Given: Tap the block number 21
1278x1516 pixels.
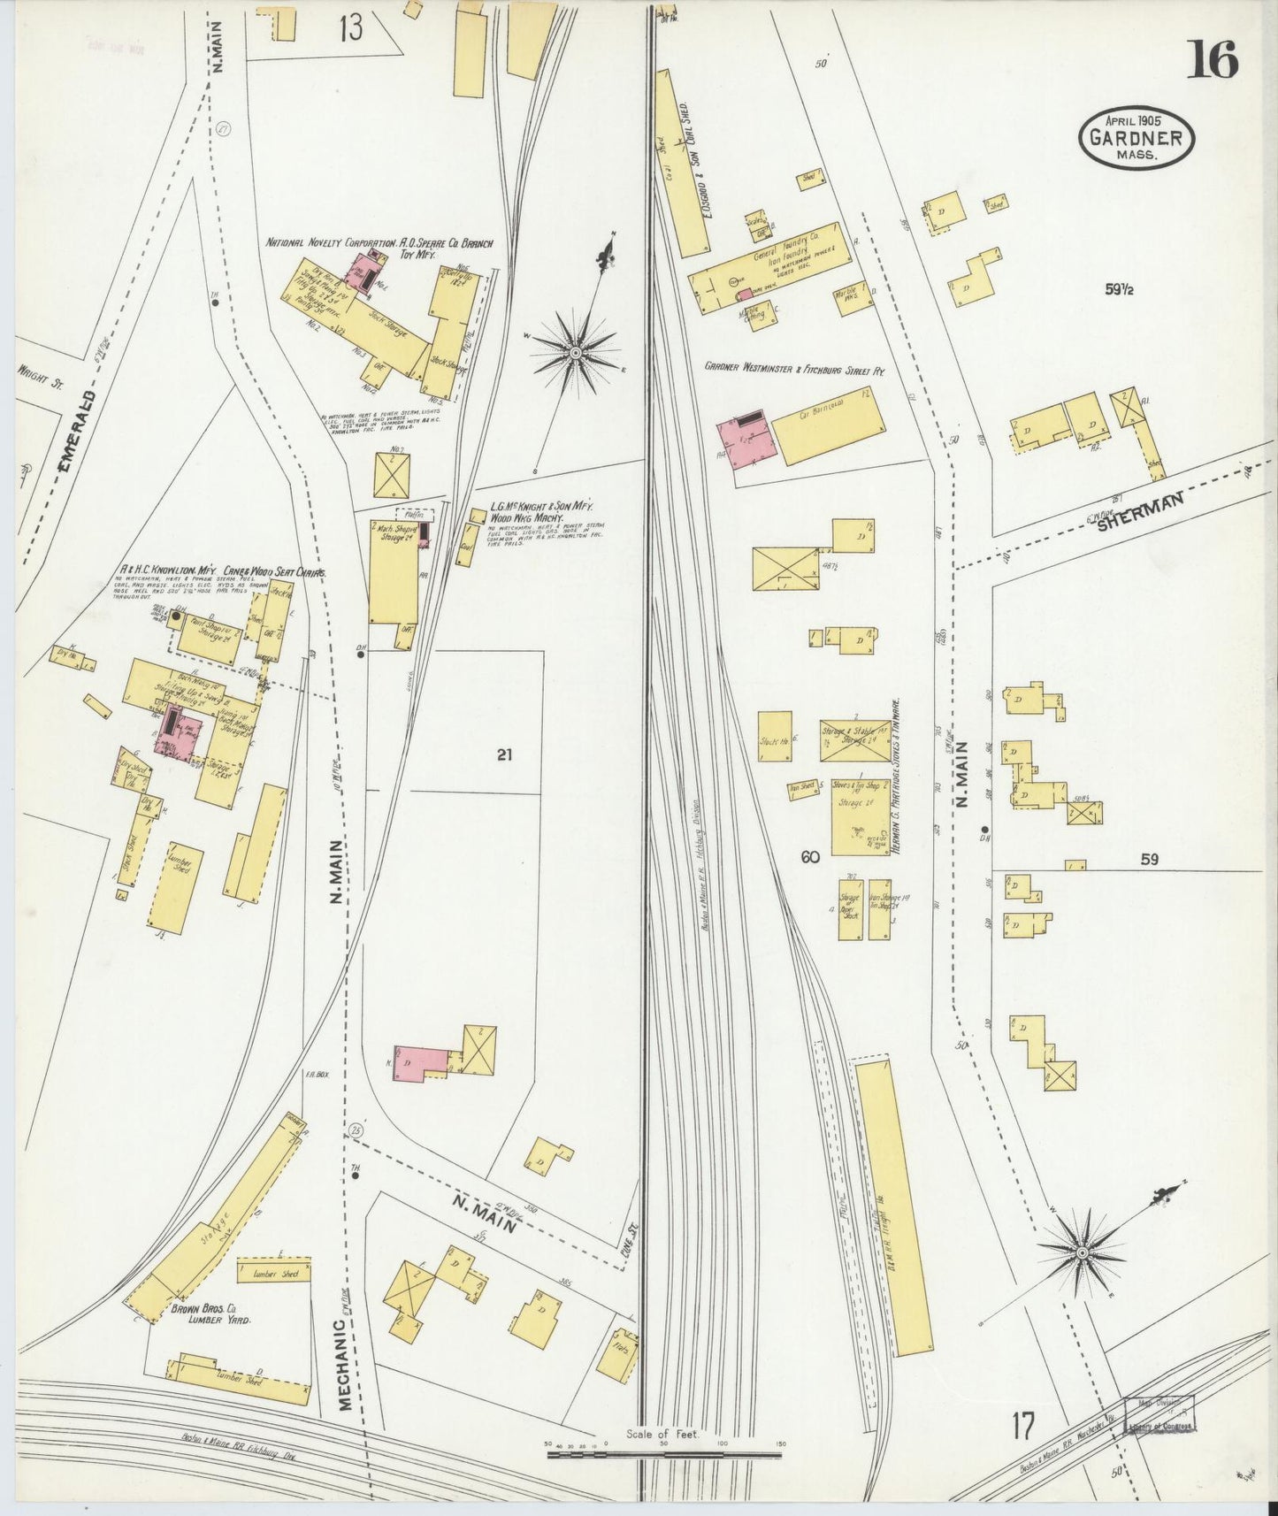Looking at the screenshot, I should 504,754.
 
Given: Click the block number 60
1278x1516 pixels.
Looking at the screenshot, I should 810,856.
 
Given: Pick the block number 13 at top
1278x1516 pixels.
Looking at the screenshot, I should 349,28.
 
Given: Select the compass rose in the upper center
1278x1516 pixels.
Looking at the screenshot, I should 575,352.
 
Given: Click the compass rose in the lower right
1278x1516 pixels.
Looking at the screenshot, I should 1081,1252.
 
